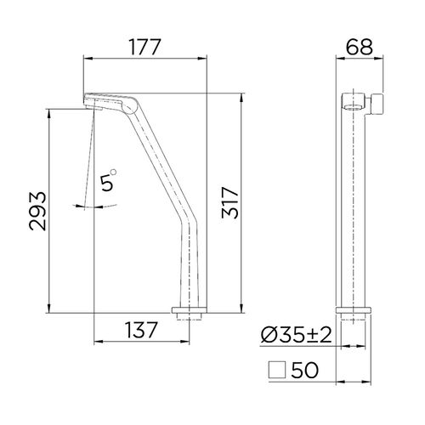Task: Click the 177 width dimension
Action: click(145, 47)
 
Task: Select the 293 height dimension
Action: click(37, 211)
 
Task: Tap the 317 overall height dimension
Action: click(230, 202)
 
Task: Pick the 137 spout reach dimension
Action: click(141, 330)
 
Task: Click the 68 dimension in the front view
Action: click(360, 47)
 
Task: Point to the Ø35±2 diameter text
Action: click(296, 335)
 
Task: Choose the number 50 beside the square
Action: click(304, 370)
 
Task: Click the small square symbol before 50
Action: click(277, 370)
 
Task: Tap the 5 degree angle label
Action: click(107, 183)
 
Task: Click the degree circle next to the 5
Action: click(113, 172)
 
